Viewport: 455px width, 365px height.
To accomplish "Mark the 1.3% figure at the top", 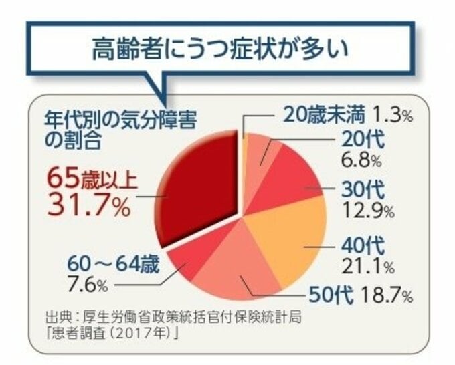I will click(x=393, y=114).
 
